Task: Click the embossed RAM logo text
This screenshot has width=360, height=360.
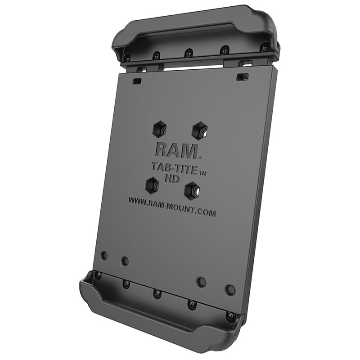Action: [x=176, y=150]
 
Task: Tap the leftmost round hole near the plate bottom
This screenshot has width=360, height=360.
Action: [x=104, y=255]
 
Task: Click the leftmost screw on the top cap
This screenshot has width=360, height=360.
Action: [x=127, y=58]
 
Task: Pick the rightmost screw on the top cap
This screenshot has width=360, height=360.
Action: [x=265, y=47]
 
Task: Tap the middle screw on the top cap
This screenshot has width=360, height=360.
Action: [x=189, y=53]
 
